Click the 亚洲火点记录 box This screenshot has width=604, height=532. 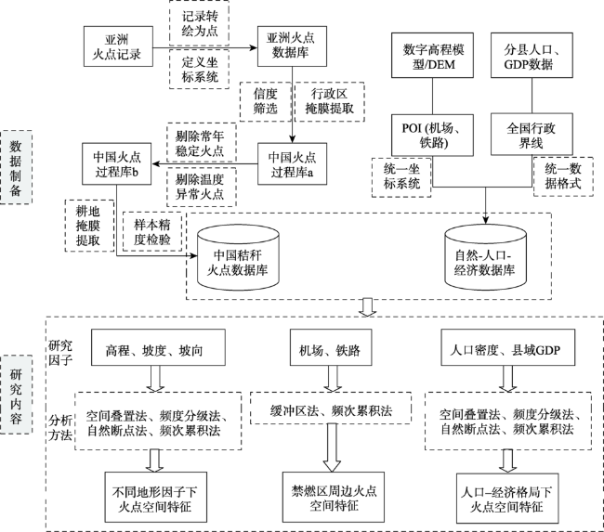pyautogui.click(x=118, y=46)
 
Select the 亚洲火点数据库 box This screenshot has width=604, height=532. pyautogui.click(x=292, y=46)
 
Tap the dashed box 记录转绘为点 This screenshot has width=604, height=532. pyautogui.click(x=199, y=23)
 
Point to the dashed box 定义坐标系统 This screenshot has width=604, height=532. pyautogui.click(x=199, y=69)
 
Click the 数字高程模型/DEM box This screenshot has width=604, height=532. pyautogui.click(x=432, y=55)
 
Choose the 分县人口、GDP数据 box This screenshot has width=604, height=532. pyautogui.click(x=532, y=55)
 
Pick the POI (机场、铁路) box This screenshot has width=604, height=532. pyautogui.click(x=432, y=135)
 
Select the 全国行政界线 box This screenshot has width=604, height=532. pyautogui.click(x=532, y=135)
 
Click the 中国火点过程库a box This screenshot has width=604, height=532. pyautogui.click(x=292, y=163)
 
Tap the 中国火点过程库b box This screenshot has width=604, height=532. pyautogui.click(x=116, y=163)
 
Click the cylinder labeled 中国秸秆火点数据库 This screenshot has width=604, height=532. pyautogui.click(x=238, y=257)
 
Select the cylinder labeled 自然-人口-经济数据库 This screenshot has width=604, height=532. pyautogui.click(x=485, y=257)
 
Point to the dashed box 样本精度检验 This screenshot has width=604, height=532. pyautogui.click(x=152, y=232)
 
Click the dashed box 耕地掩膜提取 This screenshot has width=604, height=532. pyautogui.click(x=89, y=226)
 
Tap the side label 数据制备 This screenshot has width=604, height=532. pyautogui.click(x=16, y=167)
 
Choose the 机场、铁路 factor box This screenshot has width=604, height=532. pyautogui.click(x=331, y=347)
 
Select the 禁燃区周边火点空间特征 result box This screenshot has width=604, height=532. pyautogui.click(x=334, y=497)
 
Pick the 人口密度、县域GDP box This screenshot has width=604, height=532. pyautogui.click(x=507, y=347)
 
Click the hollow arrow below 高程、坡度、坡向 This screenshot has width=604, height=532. pyautogui.click(x=155, y=379)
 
